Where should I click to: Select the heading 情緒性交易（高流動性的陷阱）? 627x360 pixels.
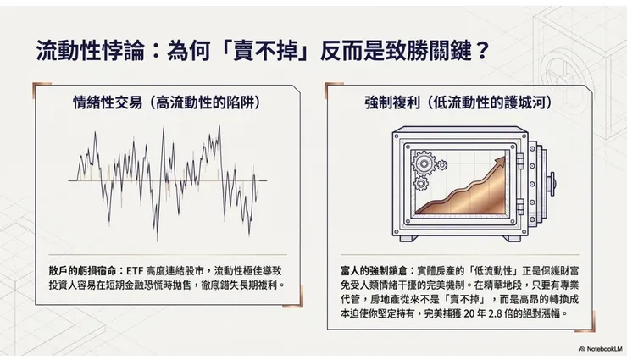tap(165, 103)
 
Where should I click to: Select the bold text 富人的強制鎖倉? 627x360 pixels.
tap(369, 269)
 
